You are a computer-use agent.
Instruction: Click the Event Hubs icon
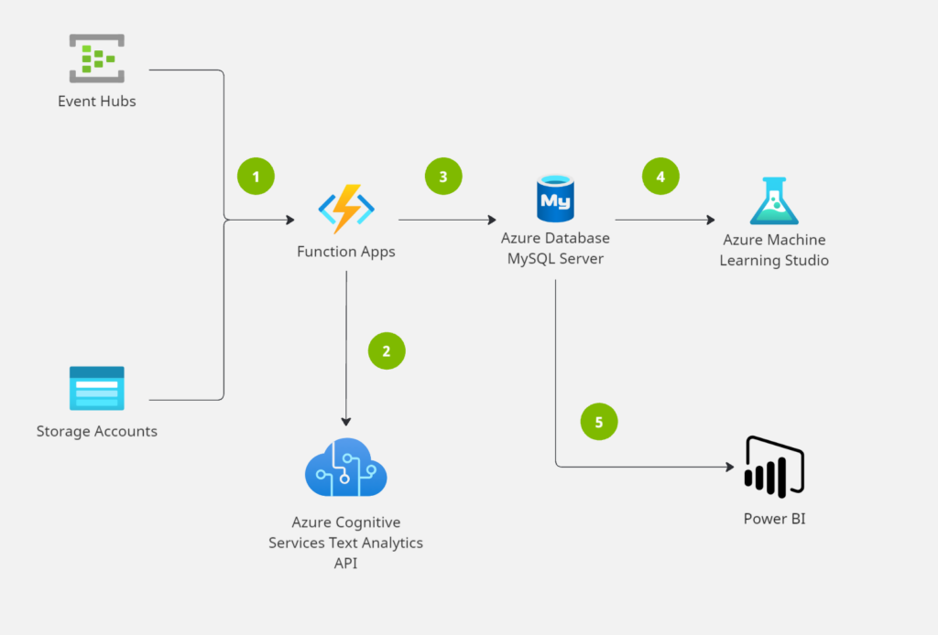coord(97,59)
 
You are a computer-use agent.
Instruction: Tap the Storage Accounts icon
coord(97,389)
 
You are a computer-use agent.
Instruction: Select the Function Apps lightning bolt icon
coord(346,210)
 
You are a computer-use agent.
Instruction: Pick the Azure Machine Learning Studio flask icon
coord(774,201)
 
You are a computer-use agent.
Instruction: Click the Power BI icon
coord(775,467)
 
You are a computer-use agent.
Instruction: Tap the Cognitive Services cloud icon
coord(345,468)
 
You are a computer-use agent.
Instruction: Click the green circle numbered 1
coord(256,177)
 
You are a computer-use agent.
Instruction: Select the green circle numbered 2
coord(387,350)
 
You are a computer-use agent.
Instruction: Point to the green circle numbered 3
coord(443,177)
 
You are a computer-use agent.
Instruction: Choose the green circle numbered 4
coord(661,177)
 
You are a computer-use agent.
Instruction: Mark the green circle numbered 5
coord(599,422)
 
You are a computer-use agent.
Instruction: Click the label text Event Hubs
coord(97,102)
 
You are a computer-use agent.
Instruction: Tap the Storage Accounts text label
coord(97,431)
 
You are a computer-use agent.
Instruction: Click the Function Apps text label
coord(346,252)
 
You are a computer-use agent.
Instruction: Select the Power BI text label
coord(775,519)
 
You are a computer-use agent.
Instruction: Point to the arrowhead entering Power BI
coord(729,467)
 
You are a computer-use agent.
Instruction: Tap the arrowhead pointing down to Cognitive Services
coord(346,421)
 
